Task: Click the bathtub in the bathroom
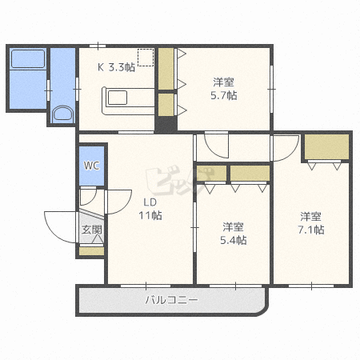tap(27, 60)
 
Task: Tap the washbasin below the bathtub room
tap(61, 114)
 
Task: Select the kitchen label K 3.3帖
tap(116, 67)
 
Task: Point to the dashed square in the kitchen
tap(145, 58)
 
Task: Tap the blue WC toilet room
tap(92, 166)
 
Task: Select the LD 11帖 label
tap(152, 208)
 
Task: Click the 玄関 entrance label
tap(91, 230)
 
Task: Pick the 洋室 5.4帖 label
tap(234, 233)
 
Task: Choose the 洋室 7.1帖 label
tap(312, 222)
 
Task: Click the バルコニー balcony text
tap(171, 301)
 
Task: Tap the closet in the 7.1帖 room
tap(326, 147)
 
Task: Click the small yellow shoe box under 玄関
tap(91, 250)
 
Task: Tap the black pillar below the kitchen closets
tap(166, 125)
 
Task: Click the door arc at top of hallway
tap(216, 146)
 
